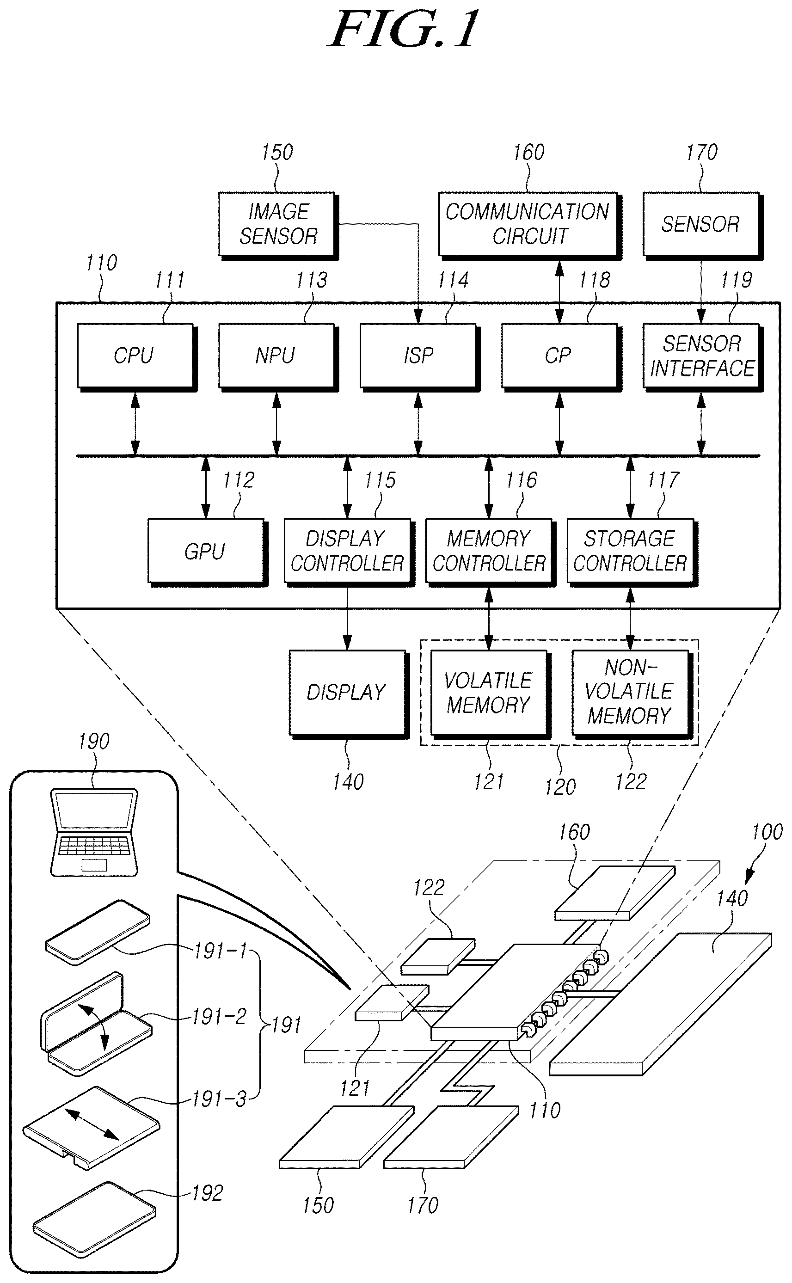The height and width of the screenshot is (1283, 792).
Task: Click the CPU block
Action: click(137, 357)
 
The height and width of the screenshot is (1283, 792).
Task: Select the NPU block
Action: click(277, 357)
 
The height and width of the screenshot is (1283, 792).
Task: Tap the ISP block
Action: click(419, 357)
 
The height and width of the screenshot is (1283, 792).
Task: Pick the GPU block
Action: click(208, 552)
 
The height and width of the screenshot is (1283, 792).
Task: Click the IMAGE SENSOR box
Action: click(278, 225)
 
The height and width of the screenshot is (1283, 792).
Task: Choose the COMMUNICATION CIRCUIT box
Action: click(529, 225)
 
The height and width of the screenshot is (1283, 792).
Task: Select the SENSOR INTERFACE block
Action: click(702, 357)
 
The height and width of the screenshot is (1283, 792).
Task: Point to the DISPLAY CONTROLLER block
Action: click(349, 552)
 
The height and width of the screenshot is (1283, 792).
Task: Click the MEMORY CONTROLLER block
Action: click(490, 552)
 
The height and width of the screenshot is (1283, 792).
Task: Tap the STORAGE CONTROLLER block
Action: click(632, 552)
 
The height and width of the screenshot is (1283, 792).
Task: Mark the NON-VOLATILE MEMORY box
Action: click(632, 694)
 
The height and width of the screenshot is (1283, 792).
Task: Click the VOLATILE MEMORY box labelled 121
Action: click(490, 694)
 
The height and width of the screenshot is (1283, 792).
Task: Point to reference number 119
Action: click(736, 280)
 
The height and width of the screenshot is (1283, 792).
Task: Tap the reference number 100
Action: click(767, 832)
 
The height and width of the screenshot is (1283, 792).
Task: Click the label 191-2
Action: click(219, 1016)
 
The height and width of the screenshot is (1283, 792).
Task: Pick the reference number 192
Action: click(208, 1193)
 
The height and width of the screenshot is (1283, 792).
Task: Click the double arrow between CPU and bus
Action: click(135, 424)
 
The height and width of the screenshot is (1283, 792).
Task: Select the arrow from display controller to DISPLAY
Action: click(347, 619)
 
